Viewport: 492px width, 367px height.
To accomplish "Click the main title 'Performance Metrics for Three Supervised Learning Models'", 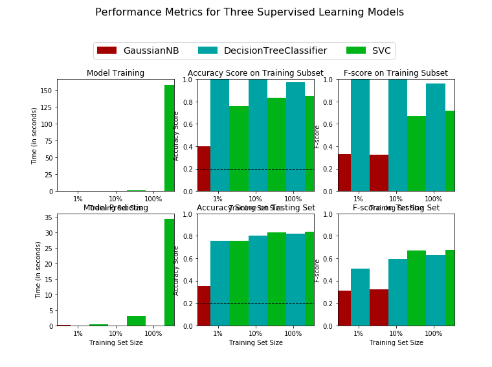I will (x=249, y=12).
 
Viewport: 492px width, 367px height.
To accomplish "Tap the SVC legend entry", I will (x=368, y=50).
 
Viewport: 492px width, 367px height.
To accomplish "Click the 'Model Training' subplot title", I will (x=115, y=73).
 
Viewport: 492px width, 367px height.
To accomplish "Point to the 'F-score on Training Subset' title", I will (x=396, y=73).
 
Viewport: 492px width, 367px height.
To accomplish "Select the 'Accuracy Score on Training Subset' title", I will (x=256, y=73).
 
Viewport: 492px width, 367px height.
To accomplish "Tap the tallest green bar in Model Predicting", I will (x=169, y=272).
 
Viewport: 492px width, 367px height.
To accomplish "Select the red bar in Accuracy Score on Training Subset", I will (x=204, y=168).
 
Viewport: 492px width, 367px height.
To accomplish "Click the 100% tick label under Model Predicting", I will (x=153, y=333).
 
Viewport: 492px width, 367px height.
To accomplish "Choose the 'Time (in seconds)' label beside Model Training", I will (x=35, y=135).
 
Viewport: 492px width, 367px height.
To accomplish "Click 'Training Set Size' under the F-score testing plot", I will (x=396, y=342).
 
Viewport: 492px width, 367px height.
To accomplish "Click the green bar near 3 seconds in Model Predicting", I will (x=136, y=320).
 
